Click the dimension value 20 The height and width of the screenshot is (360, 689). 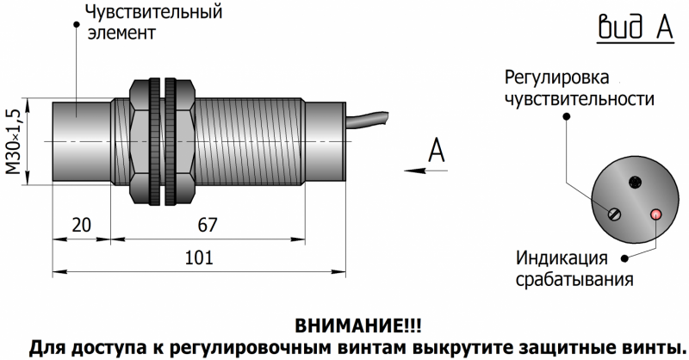[x=81, y=225]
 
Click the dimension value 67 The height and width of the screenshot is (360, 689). [x=207, y=225]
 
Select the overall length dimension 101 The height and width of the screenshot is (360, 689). [x=199, y=258]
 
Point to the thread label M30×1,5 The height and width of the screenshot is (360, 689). [x=15, y=141]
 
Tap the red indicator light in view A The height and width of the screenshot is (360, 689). [x=656, y=214]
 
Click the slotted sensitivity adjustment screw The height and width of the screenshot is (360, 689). [x=614, y=214]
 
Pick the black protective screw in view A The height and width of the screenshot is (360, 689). [x=635, y=182]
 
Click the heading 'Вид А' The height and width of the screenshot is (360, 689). [x=636, y=27]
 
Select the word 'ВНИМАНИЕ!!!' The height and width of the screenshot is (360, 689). [x=357, y=326]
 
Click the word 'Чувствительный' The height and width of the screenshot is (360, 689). [x=154, y=12]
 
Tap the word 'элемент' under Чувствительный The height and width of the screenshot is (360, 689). [x=121, y=33]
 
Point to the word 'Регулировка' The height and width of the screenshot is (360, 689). [x=556, y=78]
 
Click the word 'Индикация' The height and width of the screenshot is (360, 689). [x=562, y=258]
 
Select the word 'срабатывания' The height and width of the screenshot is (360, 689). [x=574, y=280]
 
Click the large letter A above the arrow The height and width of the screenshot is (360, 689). [x=436, y=150]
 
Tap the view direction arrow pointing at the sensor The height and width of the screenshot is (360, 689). [x=425, y=171]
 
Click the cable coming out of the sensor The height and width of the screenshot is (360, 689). [x=367, y=119]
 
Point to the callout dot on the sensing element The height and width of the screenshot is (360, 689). [x=77, y=24]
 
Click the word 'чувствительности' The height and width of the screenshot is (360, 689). [x=579, y=99]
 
